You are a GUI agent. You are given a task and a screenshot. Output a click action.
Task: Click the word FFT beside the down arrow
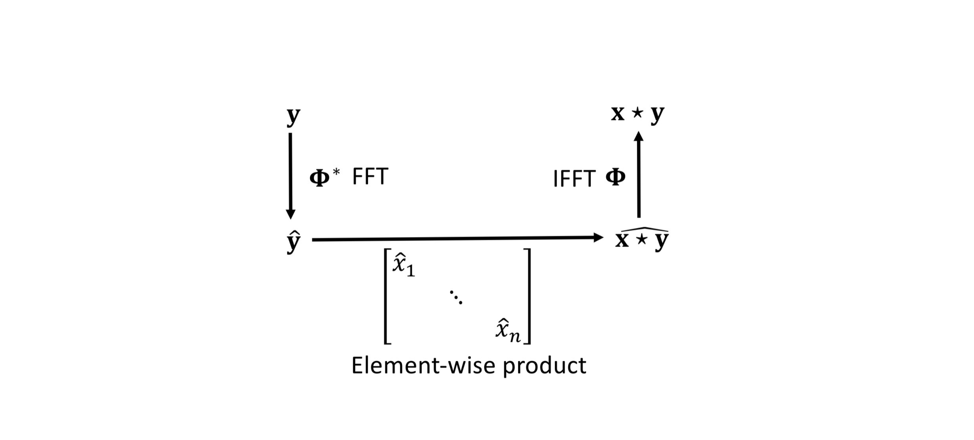[370, 176]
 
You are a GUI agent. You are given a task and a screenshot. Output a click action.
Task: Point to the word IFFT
[574, 179]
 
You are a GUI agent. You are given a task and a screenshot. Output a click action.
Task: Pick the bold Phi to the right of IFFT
[615, 177]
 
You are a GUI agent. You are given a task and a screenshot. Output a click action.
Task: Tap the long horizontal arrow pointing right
[454, 238]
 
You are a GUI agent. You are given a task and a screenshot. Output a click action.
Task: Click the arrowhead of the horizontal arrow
[598, 237]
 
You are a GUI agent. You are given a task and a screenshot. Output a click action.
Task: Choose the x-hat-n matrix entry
[508, 331]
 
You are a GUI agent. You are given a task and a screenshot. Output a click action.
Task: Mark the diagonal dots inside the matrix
[456, 297]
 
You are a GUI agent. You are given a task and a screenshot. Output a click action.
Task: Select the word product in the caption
[544, 366]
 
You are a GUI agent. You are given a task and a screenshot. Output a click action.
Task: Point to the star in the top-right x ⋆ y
[638, 113]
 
